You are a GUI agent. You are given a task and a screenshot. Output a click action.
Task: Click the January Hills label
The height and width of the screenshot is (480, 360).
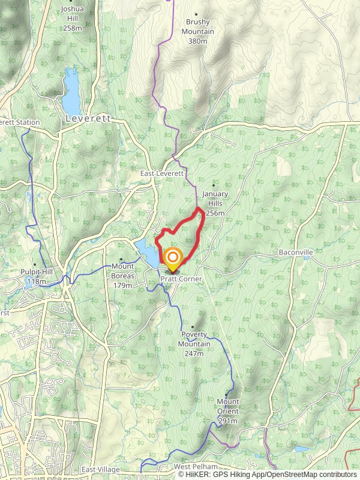(x=215, y=203)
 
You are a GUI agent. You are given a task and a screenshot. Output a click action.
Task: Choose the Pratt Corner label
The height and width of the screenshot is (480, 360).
(x=181, y=280)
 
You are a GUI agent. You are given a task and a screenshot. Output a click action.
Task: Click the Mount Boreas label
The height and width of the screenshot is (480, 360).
(x=122, y=275)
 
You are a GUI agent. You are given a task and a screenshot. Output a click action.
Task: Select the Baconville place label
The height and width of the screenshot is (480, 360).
(x=296, y=253)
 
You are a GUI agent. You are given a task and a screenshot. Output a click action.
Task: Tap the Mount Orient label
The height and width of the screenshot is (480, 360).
(x=227, y=411)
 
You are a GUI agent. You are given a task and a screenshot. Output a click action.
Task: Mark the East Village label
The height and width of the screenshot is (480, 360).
(x=101, y=469)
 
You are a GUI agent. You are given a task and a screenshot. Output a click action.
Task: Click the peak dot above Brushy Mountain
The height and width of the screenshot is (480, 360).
(x=196, y=14)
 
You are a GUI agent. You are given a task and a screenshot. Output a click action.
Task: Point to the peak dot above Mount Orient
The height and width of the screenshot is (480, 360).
(x=226, y=394)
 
